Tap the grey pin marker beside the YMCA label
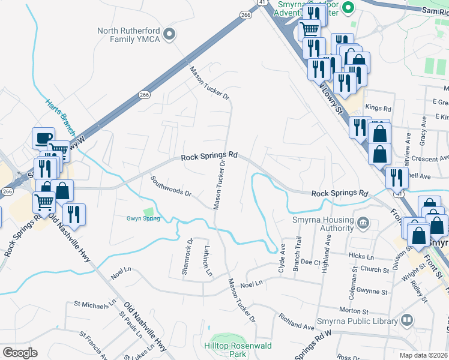tap(170, 34)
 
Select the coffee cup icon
tap(43, 139)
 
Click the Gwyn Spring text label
tap(143, 218)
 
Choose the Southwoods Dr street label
tap(171, 186)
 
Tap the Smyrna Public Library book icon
tap(408, 320)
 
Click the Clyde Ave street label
tap(281, 261)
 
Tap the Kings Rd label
tap(378, 109)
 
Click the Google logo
tap(20, 353)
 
